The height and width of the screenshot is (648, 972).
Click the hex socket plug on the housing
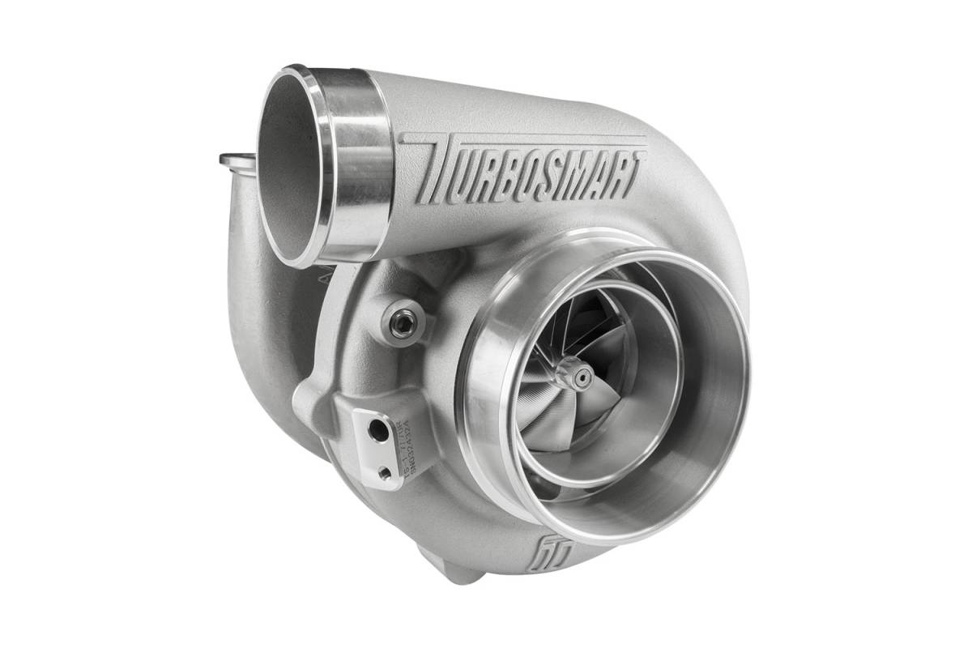(399, 323)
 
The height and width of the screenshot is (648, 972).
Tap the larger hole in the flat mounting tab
(378, 431)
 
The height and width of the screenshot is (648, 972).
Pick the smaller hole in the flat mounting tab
(382, 469)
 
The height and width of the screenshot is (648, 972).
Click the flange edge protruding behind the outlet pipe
(234, 159)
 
